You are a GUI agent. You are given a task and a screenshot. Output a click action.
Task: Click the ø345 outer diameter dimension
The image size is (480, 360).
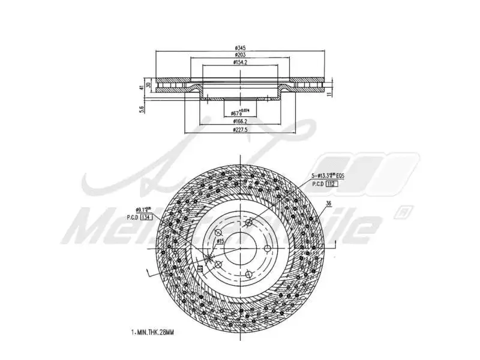coord(240,47)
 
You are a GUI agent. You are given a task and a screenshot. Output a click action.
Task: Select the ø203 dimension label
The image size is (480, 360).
coord(240,55)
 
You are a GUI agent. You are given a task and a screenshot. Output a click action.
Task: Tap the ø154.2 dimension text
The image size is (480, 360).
coord(240,62)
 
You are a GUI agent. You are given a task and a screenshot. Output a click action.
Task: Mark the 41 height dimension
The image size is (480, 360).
coord(142,88)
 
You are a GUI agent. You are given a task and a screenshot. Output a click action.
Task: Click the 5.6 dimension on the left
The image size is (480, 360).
coord(142,109)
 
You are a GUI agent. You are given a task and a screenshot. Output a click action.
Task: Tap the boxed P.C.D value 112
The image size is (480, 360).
coord(331,184)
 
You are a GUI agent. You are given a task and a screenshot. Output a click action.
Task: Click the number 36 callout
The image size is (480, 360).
coord(328,204)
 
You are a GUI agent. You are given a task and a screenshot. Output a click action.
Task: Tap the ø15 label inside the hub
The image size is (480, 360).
coord(220,241)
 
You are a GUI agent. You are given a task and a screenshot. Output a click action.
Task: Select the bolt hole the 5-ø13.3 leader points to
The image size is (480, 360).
coord(248,223)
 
